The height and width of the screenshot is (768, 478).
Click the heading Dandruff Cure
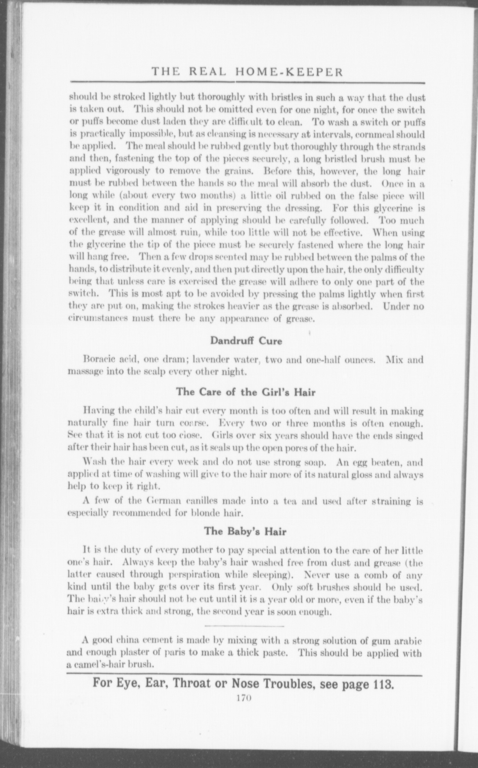tap(246, 341)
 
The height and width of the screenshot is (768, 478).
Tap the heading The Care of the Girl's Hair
tap(246, 392)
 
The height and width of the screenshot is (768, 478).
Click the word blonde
tap(208, 513)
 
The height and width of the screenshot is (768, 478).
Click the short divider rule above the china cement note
tap(244, 625)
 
